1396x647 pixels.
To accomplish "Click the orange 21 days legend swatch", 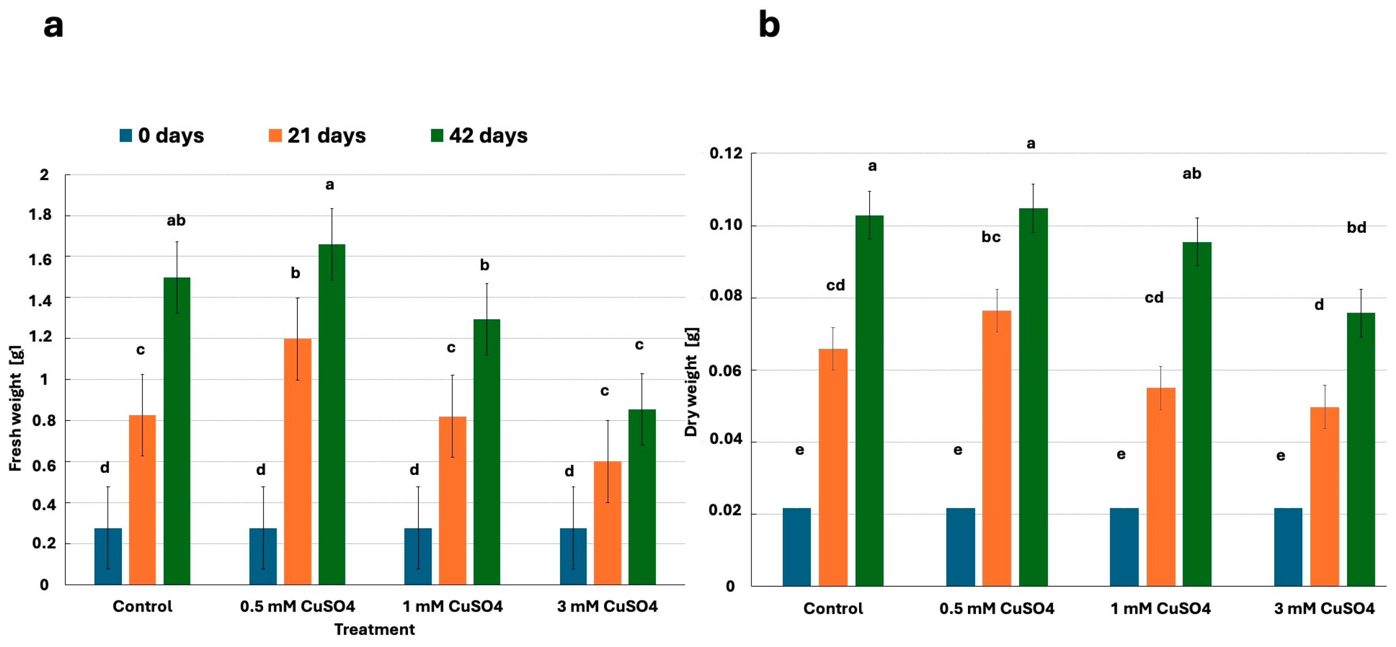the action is (275, 135).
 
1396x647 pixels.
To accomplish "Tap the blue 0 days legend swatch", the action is (126, 135).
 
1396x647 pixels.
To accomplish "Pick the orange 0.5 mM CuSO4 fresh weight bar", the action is (297, 462).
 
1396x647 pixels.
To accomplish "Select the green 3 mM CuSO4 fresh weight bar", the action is (642, 497).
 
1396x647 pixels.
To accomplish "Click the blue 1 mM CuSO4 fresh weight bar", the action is (418, 556).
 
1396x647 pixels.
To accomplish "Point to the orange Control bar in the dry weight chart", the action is (833, 467).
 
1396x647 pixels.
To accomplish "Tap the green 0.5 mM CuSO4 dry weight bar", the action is (1033, 397).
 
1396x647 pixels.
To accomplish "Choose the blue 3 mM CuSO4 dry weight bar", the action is (1288, 547).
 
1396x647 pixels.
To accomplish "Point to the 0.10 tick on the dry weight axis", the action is (726, 225).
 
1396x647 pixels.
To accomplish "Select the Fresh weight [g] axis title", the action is (16, 408).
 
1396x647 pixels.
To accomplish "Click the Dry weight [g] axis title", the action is (692, 382).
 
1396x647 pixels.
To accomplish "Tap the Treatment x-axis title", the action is (375, 629).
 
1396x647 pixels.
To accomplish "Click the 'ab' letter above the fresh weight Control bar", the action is (176, 221).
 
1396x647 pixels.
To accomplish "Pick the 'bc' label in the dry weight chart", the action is (991, 237).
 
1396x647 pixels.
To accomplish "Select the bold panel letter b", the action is (769, 25).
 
